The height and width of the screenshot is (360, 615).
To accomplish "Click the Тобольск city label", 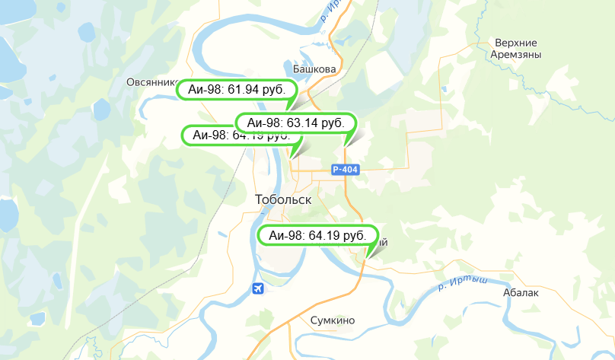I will [x=283, y=199].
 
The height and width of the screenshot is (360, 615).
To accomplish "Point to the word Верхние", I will [x=515, y=43].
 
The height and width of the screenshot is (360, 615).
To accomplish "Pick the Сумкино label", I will [x=333, y=320].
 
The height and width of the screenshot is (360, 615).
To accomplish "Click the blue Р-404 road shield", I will [x=345, y=170].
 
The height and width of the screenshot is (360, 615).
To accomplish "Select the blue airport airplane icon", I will [x=260, y=288].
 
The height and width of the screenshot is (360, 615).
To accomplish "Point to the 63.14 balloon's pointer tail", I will [x=349, y=140].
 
